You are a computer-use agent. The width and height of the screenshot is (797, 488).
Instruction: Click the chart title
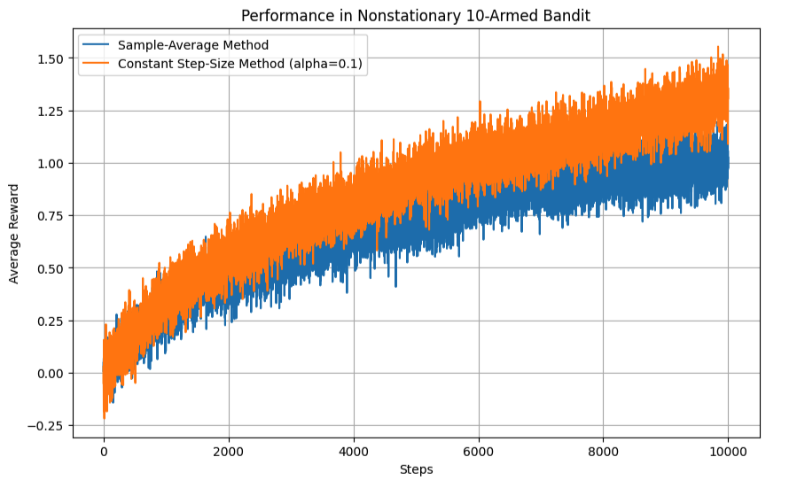416,15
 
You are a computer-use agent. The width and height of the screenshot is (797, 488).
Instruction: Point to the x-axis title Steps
416,469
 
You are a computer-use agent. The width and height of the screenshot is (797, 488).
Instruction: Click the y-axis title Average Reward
13,233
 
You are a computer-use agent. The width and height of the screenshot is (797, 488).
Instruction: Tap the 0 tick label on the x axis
104,449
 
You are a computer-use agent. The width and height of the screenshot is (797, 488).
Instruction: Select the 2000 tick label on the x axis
229,449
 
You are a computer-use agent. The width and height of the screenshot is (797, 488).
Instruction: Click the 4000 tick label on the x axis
354,449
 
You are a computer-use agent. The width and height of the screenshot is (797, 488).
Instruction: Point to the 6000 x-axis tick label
479,449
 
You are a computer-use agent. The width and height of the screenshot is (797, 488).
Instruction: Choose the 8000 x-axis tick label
604,449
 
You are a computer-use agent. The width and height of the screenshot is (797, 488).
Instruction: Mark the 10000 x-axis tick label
729,449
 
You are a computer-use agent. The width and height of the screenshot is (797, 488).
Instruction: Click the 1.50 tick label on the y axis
51,58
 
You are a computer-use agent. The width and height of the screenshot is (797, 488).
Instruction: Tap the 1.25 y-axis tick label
51,111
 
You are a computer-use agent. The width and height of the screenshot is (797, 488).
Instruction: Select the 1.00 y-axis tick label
51,163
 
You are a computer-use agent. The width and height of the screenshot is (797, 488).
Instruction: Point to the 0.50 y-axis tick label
51,268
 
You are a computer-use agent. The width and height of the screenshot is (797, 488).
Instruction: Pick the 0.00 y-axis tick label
51,373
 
